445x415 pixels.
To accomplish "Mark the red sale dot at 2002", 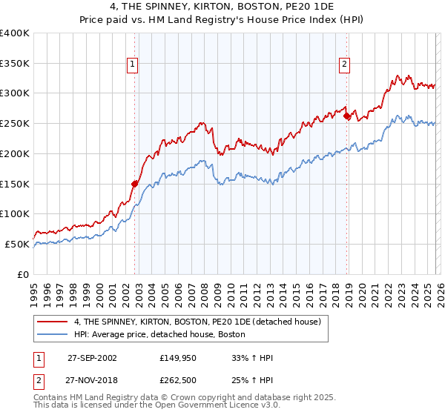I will tap(135, 184).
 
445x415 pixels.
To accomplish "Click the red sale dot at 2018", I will tap(346, 116).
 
